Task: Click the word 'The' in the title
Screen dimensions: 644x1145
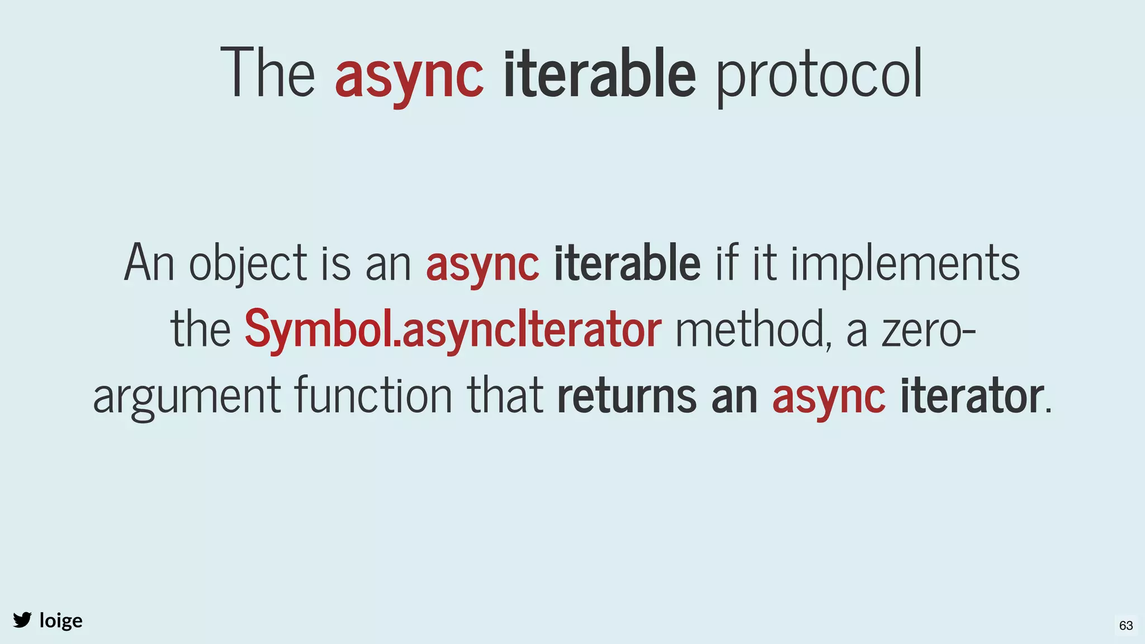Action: (268, 74)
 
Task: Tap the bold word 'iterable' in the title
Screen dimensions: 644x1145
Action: (599, 74)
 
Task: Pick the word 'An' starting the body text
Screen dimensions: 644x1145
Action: (149, 263)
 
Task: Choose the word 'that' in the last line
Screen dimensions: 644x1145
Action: (505, 396)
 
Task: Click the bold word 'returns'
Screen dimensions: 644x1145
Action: (627, 396)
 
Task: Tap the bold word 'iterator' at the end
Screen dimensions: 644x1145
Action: (971, 396)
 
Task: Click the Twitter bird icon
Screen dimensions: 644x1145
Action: (22, 620)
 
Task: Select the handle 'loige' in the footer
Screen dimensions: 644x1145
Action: (61, 621)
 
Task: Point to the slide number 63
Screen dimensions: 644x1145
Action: (1126, 626)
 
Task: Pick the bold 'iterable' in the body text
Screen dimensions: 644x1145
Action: (627, 263)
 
